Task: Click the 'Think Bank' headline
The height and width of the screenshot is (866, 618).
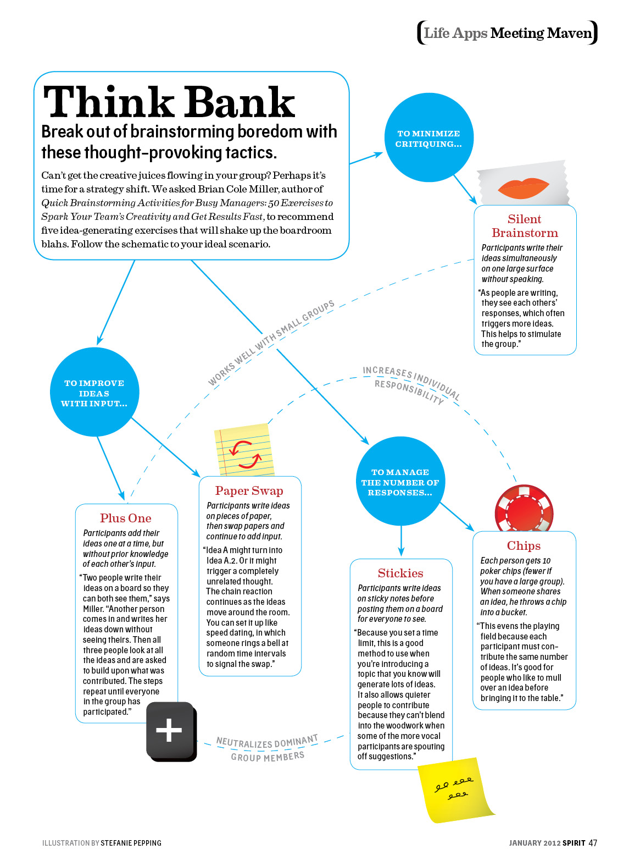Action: pos(169,102)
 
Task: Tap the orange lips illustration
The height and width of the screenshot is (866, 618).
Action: pos(524,188)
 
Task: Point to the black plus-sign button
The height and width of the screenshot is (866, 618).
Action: pos(170,731)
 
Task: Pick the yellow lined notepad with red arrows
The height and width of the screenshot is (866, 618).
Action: pos(244,450)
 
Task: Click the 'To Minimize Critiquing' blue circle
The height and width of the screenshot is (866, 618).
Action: pos(428,138)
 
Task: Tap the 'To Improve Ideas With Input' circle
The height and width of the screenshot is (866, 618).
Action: pos(94,393)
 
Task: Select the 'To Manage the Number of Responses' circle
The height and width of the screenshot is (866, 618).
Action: pos(400,482)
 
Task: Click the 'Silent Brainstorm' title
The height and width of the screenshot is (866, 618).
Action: pos(525,226)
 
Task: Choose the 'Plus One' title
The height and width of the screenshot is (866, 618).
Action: pos(125,518)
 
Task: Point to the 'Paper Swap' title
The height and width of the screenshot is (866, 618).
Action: pos(249,490)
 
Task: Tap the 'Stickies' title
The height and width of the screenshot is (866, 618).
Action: pos(400,573)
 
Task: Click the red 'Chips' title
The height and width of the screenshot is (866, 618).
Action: pos(524,545)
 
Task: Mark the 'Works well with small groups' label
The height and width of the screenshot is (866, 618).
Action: pos(271,343)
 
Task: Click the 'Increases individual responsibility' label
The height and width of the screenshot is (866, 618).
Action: pos(411,384)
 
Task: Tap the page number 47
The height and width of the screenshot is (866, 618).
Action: pos(592,843)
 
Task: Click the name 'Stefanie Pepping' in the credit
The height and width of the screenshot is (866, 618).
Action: pos(131,843)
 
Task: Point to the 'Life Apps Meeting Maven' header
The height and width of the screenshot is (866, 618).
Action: pos(507,33)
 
